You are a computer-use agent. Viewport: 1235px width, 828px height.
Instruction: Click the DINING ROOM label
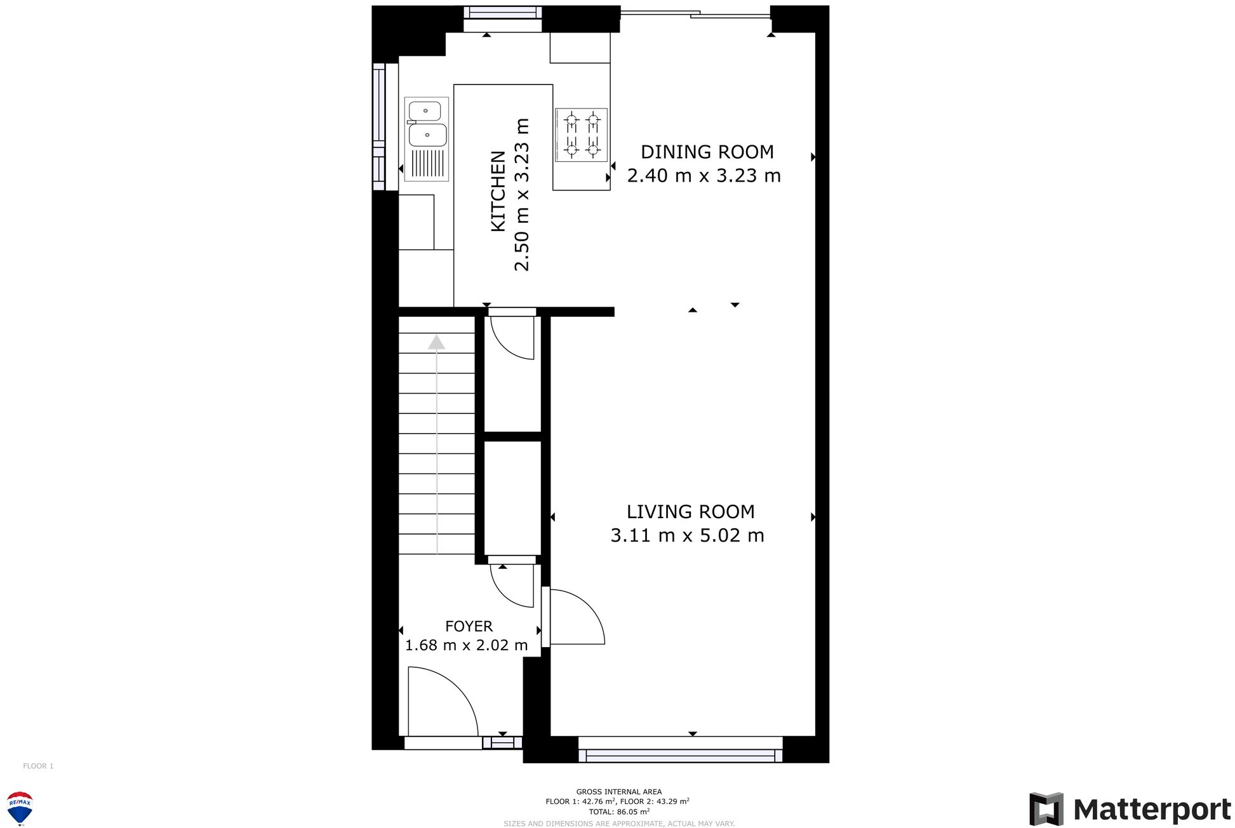click(x=707, y=152)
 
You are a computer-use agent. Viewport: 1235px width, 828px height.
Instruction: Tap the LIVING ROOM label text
click(x=690, y=512)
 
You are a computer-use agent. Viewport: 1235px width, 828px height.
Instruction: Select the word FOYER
click(x=469, y=627)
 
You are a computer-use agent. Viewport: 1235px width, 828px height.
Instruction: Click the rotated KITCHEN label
click(x=498, y=191)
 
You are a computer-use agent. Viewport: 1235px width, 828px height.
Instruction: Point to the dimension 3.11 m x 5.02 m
click(x=687, y=536)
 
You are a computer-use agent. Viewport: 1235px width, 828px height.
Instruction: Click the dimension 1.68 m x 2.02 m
click(x=466, y=646)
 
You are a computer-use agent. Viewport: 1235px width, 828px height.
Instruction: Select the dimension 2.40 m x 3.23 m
click(x=704, y=176)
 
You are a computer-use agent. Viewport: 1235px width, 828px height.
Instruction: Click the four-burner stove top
click(x=582, y=135)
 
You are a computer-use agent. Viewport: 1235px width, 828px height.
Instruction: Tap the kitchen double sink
click(x=427, y=124)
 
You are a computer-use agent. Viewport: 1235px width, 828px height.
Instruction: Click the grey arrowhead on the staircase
click(x=436, y=343)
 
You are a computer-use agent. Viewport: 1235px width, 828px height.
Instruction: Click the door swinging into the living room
click(x=575, y=617)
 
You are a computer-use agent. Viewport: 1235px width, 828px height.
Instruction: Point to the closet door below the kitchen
click(x=512, y=337)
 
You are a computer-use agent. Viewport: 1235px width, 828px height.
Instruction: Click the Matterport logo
click(x=1130, y=809)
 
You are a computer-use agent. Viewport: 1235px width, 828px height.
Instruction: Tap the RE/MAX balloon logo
click(x=20, y=807)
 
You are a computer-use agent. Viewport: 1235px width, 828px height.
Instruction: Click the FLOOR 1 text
click(x=38, y=766)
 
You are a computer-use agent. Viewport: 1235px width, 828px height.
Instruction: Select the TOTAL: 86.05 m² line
click(x=618, y=811)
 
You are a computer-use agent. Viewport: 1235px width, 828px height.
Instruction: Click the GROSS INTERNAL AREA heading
click(x=618, y=792)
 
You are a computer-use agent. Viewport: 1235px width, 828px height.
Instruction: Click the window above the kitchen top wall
click(x=502, y=13)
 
